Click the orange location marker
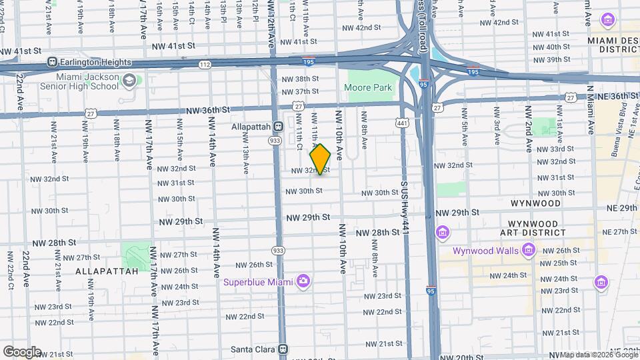pos(321,159)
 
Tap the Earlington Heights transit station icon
pos(51,62)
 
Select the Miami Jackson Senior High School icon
pos(129,82)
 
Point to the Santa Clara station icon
pos(283,349)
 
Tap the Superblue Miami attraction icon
pos(303,281)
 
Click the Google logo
pos(22,351)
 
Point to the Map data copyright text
pos(598,354)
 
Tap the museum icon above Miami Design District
pos(607,19)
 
